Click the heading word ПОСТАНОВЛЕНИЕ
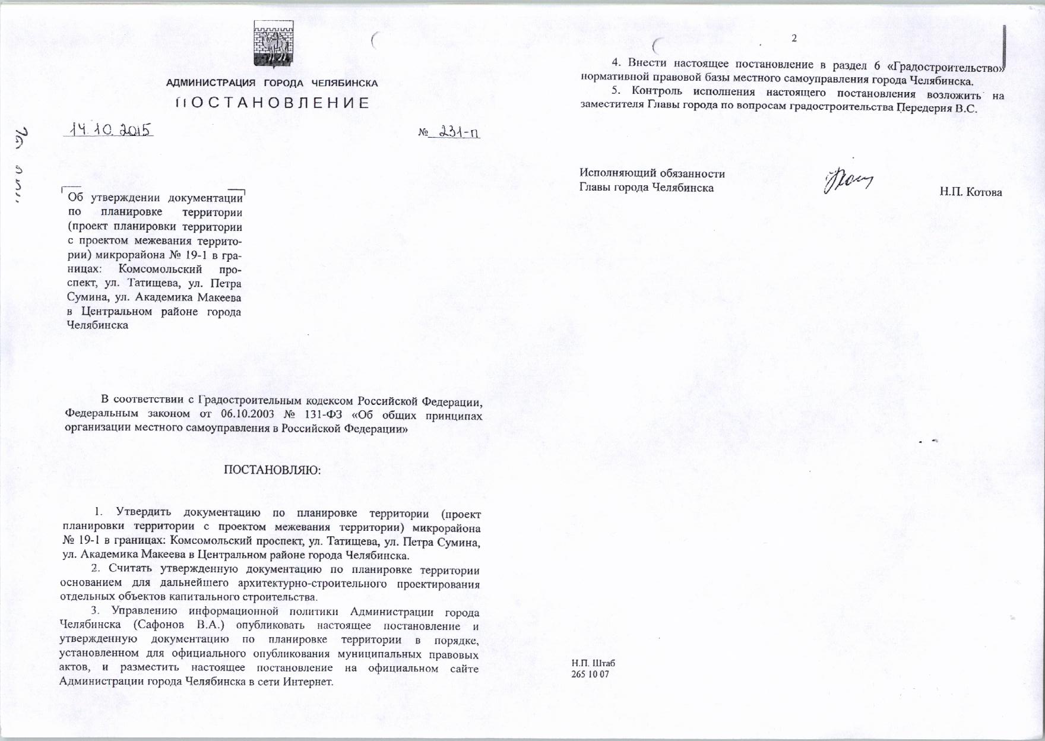coord(273,103)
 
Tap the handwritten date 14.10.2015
coord(109,129)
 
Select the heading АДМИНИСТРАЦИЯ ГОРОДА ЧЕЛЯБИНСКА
coord(272,83)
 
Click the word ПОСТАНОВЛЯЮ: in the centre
coord(272,470)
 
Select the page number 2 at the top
coord(794,39)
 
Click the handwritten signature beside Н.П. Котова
coord(848,180)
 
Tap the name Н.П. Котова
coord(971,192)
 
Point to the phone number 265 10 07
coord(590,674)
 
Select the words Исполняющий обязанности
coord(652,173)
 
